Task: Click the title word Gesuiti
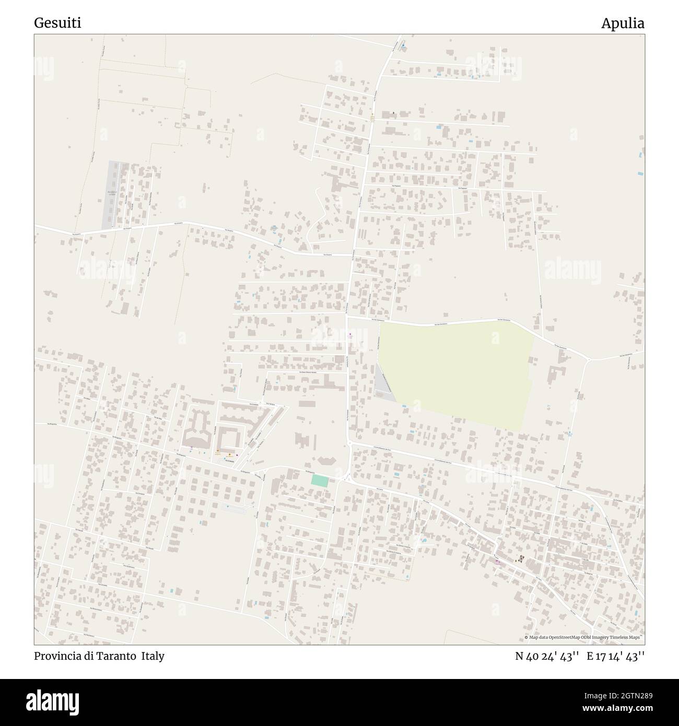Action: pyautogui.click(x=57, y=23)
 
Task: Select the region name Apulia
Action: pyautogui.click(x=622, y=23)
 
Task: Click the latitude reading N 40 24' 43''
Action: pyautogui.click(x=547, y=656)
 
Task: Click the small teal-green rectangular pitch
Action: pyautogui.click(x=319, y=481)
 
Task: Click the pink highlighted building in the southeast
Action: pyautogui.click(x=498, y=562)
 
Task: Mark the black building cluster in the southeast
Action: pyautogui.click(x=520, y=559)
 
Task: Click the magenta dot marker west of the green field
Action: pyautogui.click(x=349, y=334)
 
